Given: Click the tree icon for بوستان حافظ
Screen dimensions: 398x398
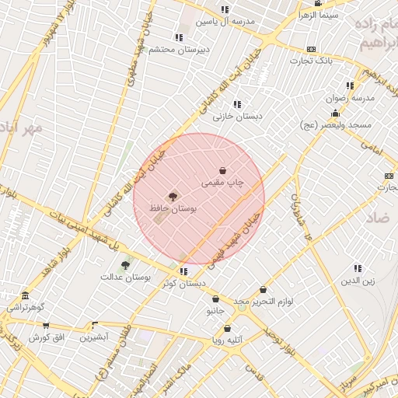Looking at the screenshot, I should pos(172,197).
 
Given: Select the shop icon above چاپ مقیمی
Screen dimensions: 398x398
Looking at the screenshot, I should pos(223,170).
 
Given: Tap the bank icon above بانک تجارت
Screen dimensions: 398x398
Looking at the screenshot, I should pos(312,48).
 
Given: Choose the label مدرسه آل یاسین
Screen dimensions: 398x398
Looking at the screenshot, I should pos(225,21).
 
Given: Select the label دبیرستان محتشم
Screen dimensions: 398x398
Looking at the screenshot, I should pos(180,49).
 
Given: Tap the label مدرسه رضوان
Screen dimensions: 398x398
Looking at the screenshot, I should pos(351,98).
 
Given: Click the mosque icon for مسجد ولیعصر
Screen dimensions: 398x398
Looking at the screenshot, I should pos(335,113).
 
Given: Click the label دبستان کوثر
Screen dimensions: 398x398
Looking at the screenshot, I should pos(183,284).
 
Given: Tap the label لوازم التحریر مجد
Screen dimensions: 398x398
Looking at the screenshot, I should pos(263,301).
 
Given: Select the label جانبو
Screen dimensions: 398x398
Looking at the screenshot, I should pos(215,311).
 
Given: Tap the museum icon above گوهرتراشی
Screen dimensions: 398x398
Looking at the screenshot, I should pos(26,296).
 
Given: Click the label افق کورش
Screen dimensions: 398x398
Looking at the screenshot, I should pos(45,337).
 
